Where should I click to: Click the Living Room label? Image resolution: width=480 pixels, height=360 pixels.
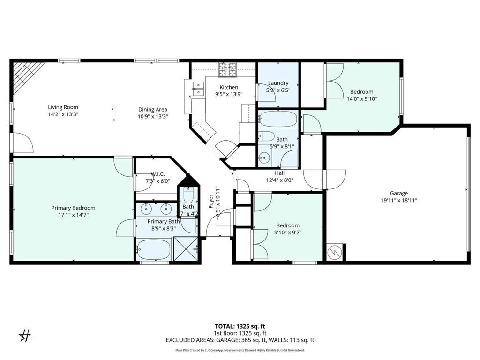point(63,107)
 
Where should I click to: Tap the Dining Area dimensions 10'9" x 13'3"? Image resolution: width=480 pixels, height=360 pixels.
point(152,116)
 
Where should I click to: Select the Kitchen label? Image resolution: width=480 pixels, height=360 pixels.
point(229,87)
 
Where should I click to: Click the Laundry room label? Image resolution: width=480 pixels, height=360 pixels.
point(277,83)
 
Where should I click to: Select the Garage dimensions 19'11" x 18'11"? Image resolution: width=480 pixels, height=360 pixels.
point(398,200)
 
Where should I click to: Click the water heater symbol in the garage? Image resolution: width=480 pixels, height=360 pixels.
point(335,253)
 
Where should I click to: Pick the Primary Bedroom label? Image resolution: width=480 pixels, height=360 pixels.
point(73,208)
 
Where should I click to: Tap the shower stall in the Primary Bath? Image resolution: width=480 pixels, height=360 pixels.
point(185,248)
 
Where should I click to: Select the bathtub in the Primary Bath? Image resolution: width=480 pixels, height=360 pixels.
point(154,249)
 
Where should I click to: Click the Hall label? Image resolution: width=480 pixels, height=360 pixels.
point(279,173)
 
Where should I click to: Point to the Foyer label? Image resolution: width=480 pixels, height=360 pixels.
point(211,200)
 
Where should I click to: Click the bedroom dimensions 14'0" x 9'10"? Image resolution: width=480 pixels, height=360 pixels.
point(361,99)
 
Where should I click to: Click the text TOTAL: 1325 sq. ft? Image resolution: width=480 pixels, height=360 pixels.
point(240,326)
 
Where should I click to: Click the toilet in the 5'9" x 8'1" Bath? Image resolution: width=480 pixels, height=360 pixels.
point(267,136)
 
